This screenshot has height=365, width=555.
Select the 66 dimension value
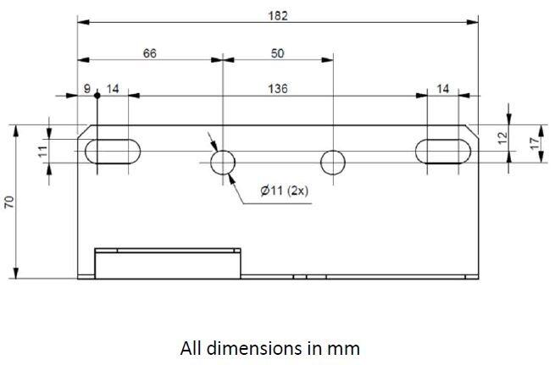[149, 53]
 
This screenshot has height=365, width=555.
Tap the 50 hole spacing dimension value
[277, 53]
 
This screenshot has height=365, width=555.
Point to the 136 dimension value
[277, 88]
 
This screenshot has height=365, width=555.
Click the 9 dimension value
[87, 88]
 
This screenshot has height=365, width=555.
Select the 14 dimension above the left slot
[113, 88]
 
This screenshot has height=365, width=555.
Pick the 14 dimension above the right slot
[443, 88]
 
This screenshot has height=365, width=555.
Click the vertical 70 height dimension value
[9, 202]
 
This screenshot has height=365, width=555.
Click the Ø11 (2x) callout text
[285, 191]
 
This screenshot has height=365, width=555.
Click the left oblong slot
[113, 151]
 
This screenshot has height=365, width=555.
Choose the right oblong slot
[444, 150]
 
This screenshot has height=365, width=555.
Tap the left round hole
[223, 161]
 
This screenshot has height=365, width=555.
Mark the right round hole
[333, 161]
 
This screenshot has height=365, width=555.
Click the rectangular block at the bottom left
[167, 263]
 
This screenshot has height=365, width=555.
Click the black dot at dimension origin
[97, 96]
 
